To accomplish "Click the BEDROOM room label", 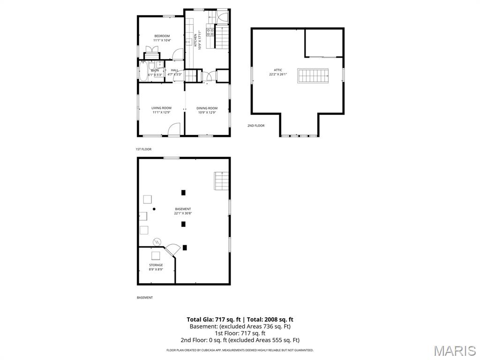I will tap(162, 36).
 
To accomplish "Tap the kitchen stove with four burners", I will tap(210, 32).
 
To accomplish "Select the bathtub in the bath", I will tap(143, 73).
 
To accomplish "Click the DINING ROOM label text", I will tap(207, 108).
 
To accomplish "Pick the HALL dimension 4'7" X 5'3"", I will tap(174, 75).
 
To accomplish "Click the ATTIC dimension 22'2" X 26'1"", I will tap(278, 75).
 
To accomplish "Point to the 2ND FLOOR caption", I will tap(256, 126).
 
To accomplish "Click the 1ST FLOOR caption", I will tap(143, 149).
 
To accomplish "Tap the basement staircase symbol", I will tap(221, 181).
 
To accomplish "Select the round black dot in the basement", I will tap(154, 209).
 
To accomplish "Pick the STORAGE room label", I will tap(156, 265).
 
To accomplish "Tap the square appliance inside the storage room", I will tap(155, 255).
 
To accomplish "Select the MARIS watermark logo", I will tap(454, 351).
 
